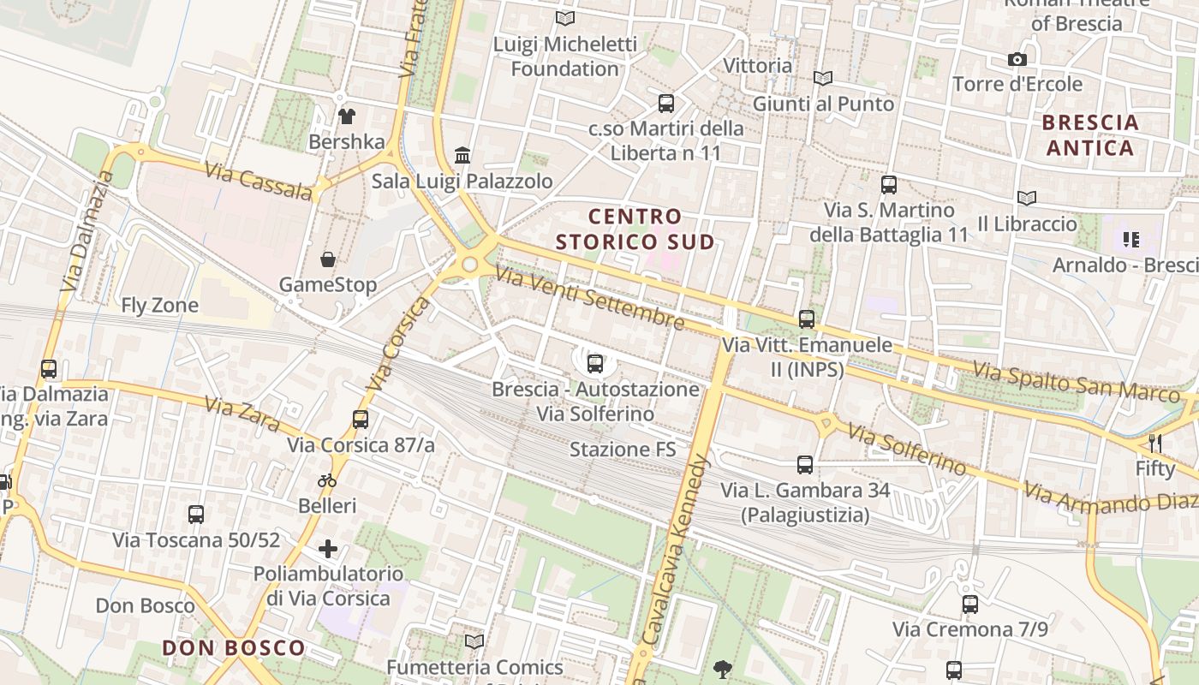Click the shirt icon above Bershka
point(347,116)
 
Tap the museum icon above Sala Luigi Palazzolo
point(463,156)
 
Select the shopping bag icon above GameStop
point(327,259)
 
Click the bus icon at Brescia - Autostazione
point(595,364)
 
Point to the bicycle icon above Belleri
point(327,480)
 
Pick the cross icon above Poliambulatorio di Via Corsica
point(328,548)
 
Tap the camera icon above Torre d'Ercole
point(1017,59)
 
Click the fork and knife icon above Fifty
point(1155,443)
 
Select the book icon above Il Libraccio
point(1027,199)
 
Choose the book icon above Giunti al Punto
point(823,79)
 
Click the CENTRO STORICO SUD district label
point(635,229)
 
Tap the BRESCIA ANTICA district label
point(1090,135)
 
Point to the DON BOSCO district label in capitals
point(234,648)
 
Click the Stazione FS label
point(623,450)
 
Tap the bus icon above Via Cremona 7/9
point(970,605)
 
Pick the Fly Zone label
point(159,306)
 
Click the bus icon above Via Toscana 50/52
point(196,515)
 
